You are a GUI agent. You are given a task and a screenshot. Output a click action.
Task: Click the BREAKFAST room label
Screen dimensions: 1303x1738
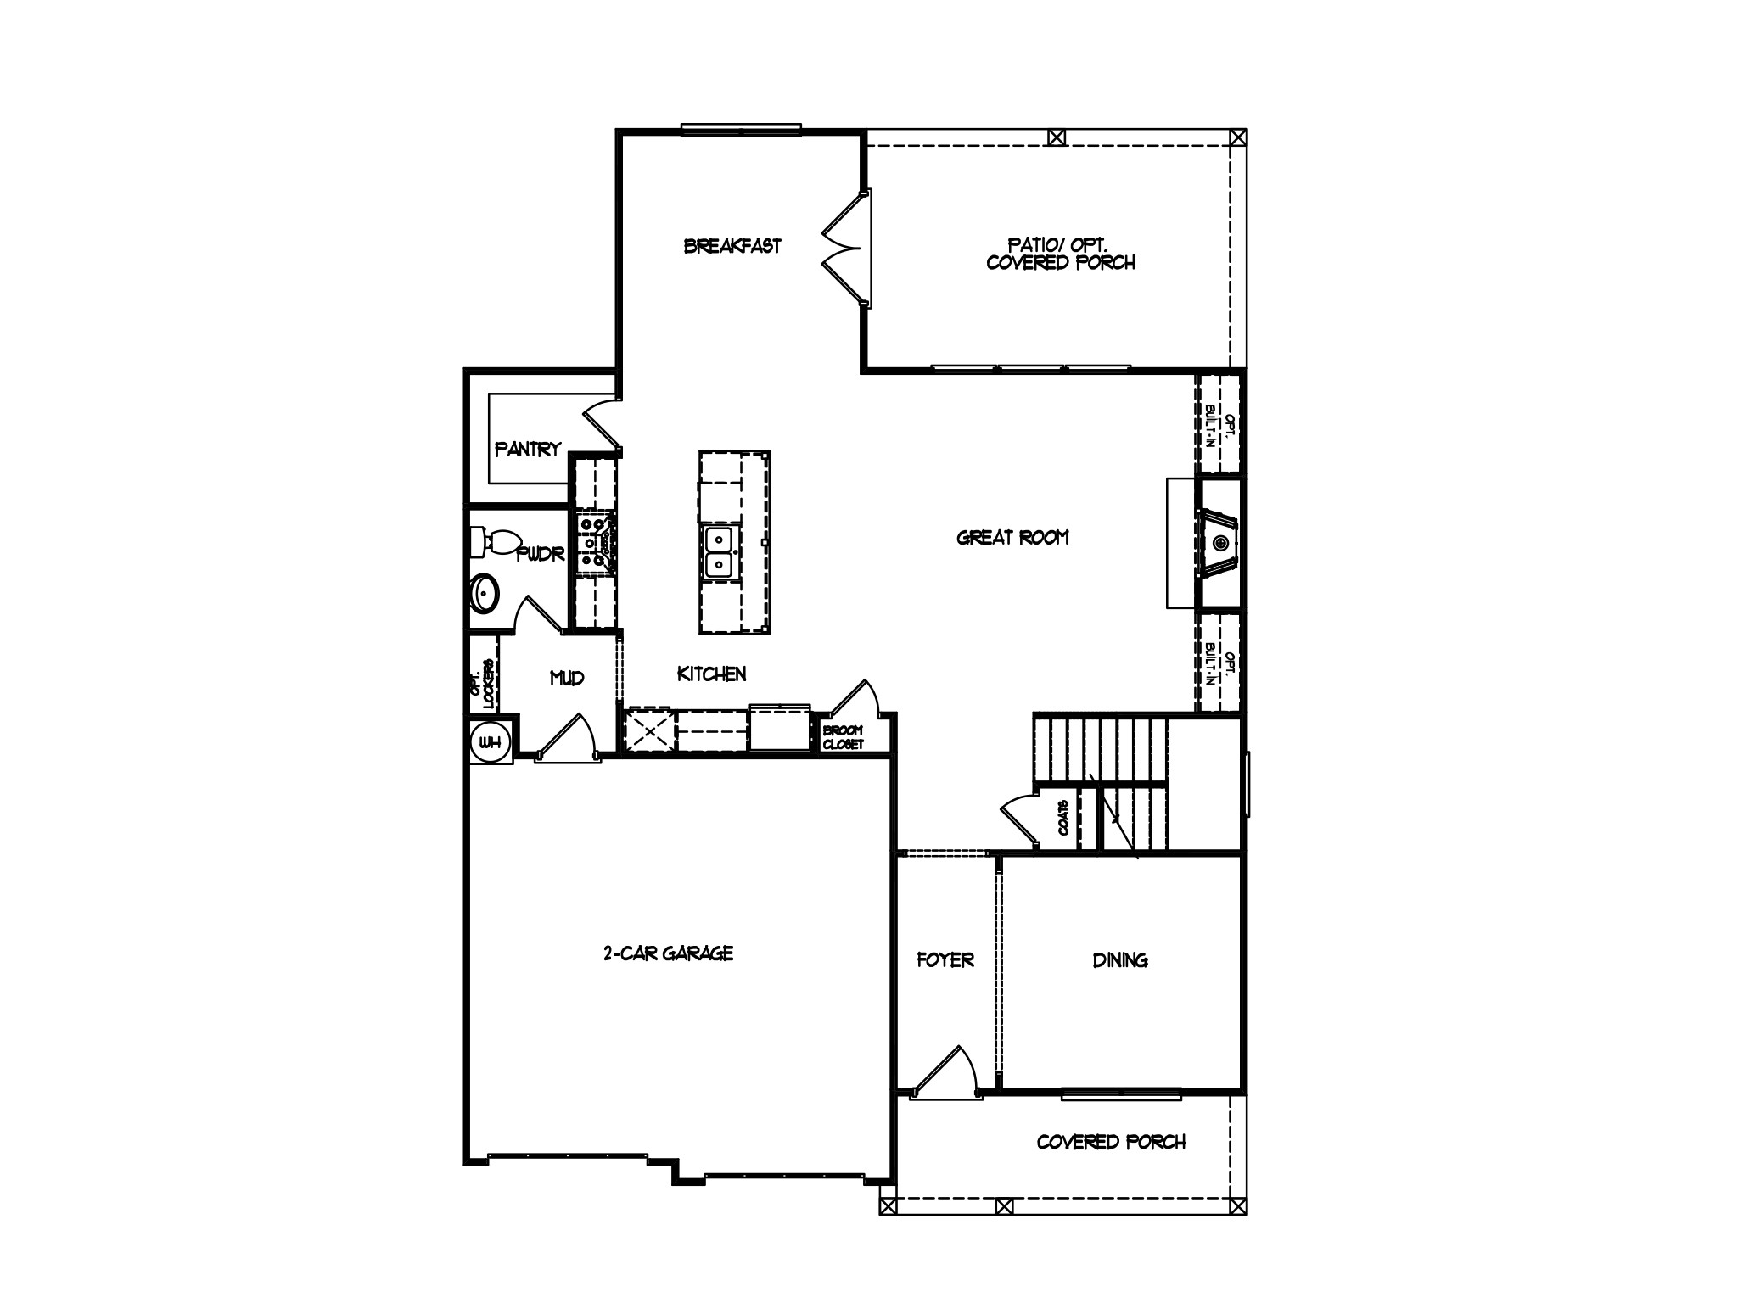coord(732,246)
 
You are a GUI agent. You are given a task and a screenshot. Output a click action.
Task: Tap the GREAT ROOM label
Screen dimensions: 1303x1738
coord(1012,537)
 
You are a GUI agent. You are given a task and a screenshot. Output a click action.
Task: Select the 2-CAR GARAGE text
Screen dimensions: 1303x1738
coord(668,953)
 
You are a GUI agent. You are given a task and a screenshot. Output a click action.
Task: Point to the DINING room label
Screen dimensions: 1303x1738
coord(1120,959)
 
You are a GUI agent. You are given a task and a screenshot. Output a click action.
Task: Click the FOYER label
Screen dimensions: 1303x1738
coord(945,959)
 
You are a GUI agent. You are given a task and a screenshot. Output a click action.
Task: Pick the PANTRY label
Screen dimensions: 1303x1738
coord(528,449)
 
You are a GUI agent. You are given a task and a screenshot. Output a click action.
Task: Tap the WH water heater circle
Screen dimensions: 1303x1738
coord(490,743)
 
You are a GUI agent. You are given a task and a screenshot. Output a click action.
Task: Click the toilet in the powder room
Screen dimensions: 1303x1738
coord(496,541)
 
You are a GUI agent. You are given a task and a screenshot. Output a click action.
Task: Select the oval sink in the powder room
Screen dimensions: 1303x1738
coord(485,593)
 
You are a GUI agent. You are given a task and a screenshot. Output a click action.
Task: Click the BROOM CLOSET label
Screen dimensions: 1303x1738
coord(843,737)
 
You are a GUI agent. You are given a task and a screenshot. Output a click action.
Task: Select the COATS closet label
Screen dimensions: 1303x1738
coord(1063,818)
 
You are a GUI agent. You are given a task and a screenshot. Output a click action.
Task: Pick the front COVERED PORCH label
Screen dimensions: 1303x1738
coord(1111,1142)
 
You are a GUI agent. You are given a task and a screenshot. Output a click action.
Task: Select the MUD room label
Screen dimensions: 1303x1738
coord(567,678)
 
